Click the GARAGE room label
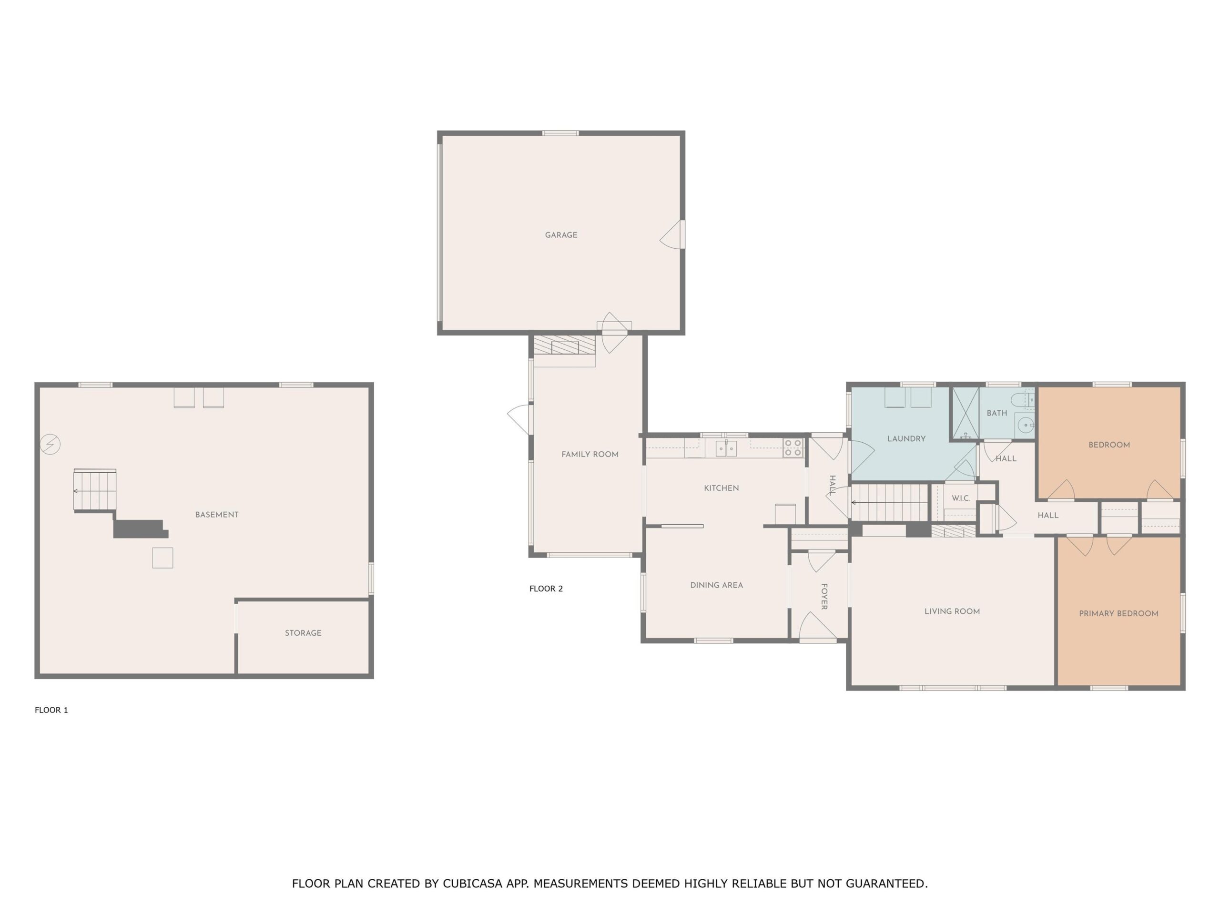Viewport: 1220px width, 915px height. [561, 235]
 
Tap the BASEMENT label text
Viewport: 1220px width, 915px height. [217, 515]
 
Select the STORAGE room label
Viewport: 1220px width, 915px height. [303, 632]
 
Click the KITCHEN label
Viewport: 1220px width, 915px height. [721, 488]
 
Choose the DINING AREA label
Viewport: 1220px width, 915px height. [716, 585]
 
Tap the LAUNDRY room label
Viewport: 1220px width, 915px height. [906, 439]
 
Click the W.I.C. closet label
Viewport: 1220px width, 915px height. [961, 498]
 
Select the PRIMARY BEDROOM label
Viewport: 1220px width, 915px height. [1118, 613]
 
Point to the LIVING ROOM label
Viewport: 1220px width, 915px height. [952, 611]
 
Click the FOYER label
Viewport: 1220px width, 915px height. [824, 596]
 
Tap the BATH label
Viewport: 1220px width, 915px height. [996, 413]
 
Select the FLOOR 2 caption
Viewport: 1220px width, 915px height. [546, 589]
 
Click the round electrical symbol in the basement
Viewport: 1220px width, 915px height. [50, 444]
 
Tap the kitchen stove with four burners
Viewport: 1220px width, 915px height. [793, 447]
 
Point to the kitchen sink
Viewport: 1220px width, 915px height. [726, 448]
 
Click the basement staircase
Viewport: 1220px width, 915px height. [95, 490]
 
